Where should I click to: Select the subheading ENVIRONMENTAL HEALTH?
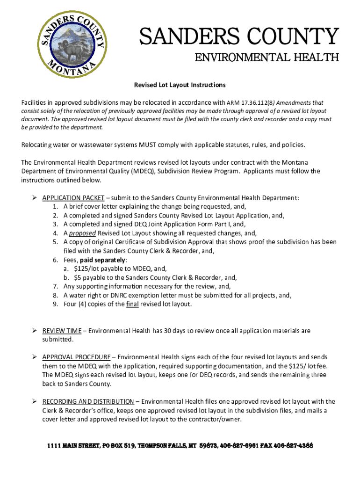266,58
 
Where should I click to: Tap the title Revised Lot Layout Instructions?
180,85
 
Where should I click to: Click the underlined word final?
132,304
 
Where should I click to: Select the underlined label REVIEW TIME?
62,331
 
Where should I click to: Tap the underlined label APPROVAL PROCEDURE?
76,357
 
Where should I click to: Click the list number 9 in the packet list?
55,304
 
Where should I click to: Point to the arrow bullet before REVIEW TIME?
35,331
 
